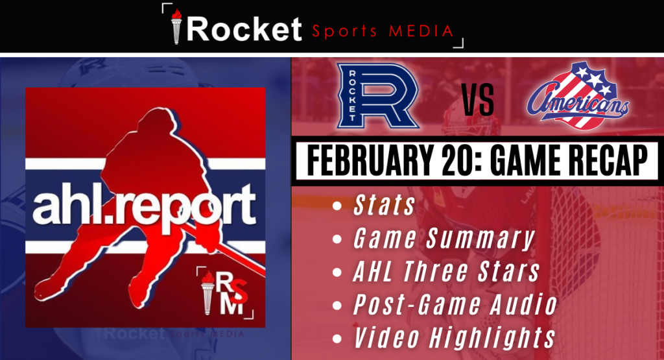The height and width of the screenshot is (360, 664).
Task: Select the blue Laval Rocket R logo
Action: click(x=378, y=96)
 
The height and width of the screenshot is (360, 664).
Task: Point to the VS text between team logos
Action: click(x=478, y=101)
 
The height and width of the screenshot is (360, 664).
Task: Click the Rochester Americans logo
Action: click(x=578, y=96)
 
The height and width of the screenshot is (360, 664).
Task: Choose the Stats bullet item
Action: click(x=384, y=206)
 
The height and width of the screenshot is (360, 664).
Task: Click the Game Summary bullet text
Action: click(x=444, y=239)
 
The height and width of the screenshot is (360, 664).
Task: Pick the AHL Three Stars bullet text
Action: click(x=446, y=272)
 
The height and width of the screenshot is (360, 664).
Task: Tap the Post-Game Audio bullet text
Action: click(x=455, y=304)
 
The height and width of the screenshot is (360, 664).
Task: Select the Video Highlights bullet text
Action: click(x=454, y=337)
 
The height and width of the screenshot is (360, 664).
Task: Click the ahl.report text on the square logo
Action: click(x=145, y=205)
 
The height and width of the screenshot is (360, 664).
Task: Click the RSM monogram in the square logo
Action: click(x=225, y=293)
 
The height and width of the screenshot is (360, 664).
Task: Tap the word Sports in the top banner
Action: click(x=344, y=32)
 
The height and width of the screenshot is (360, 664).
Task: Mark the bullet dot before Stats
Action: click(x=337, y=206)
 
